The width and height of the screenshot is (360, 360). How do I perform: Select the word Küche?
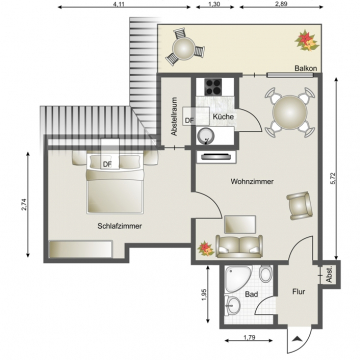[223, 118]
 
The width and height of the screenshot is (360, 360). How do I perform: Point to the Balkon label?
[306, 68]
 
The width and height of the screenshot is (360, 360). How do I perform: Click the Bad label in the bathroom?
[252, 295]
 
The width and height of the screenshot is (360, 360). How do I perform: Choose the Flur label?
[297, 295]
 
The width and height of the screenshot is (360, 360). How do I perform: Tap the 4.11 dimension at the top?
[119, 6]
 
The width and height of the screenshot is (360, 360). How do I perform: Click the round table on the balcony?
[184, 47]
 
